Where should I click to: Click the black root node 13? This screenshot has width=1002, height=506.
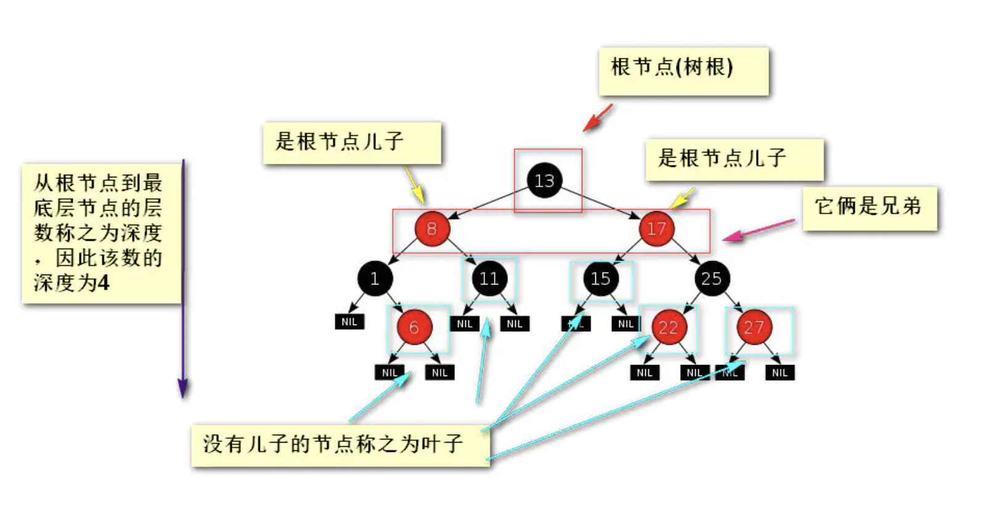pyautogui.click(x=544, y=180)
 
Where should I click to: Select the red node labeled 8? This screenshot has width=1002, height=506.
pyautogui.click(x=431, y=229)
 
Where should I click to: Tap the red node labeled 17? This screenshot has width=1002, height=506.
pyautogui.click(x=656, y=229)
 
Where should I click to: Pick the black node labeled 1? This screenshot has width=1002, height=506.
pyautogui.click(x=375, y=279)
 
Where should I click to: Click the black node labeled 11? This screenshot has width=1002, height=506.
pyautogui.click(x=489, y=279)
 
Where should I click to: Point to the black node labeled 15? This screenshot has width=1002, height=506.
pyautogui.click(x=600, y=279)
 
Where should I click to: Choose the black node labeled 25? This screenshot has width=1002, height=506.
pyautogui.click(x=711, y=279)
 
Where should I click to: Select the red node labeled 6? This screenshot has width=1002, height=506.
pyautogui.click(x=414, y=327)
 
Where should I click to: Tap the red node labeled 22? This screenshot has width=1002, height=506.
pyautogui.click(x=669, y=327)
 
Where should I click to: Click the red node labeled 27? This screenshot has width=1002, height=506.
pyautogui.click(x=754, y=327)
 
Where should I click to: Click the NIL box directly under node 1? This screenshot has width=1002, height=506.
pyautogui.click(x=349, y=322)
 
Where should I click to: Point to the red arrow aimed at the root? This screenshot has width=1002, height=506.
pyautogui.click(x=597, y=118)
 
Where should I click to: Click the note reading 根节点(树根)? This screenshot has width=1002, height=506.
pyautogui.click(x=683, y=71)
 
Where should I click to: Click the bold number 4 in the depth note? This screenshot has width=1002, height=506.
pyautogui.click(x=104, y=283)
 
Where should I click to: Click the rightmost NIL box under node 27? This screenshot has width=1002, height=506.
pyautogui.click(x=780, y=372)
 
